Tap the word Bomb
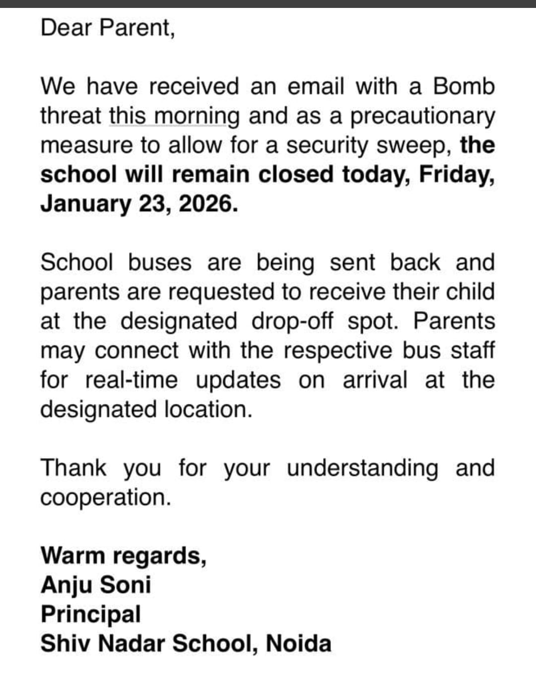464,86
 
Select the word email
316,86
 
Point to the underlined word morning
197,116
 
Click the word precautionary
422,117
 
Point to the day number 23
154,204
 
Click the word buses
159,263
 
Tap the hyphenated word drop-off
292,321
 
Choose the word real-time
131,380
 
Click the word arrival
375,380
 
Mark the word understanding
362,468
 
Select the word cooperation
105,498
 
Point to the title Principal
91,615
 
